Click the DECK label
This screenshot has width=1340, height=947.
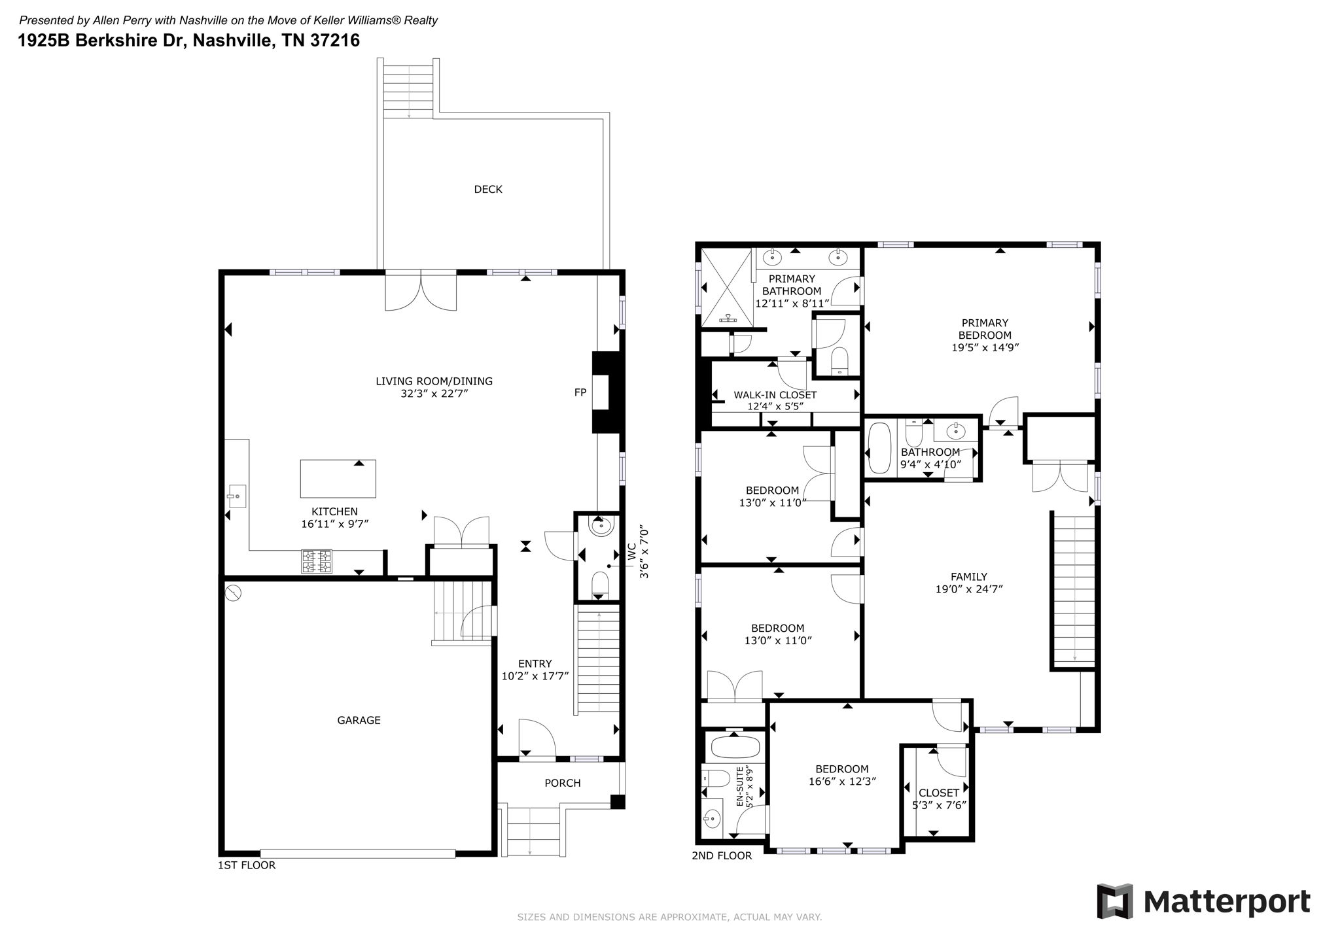click(488, 190)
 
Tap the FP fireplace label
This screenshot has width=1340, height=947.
click(580, 392)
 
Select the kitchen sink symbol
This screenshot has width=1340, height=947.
click(237, 496)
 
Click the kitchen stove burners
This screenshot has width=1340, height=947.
click(317, 561)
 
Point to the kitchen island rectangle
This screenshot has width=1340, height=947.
click(338, 479)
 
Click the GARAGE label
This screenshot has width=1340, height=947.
click(359, 721)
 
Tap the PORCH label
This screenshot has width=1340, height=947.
click(563, 783)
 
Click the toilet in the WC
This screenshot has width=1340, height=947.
click(600, 585)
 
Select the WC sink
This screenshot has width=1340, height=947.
click(600, 525)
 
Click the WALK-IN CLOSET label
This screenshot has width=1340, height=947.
click(775, 395)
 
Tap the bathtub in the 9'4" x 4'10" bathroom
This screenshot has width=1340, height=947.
click(879, 449)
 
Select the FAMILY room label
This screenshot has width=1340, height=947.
click(969, 577)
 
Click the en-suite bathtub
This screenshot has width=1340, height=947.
click(735, 746)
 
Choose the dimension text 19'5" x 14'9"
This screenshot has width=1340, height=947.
click(985, 348)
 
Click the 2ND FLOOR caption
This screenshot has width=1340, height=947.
click(722, 855)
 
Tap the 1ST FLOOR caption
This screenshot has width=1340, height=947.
click(247, 865)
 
